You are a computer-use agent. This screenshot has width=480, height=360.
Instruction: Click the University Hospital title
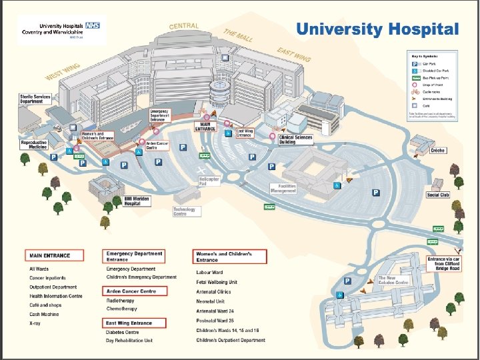coord(377,30)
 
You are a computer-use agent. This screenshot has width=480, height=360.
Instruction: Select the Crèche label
coord(437,151)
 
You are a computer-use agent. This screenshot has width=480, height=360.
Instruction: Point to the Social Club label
coord(437,195)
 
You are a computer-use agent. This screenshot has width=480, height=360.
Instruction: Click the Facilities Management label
coord(283,189)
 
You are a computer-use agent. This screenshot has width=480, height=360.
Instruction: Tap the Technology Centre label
coord(184,211)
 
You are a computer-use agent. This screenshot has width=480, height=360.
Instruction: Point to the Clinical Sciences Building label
coord(295,139)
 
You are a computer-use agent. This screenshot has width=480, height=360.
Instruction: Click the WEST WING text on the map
coord(62,72)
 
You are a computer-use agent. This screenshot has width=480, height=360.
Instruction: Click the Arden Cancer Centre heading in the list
coord(131,291)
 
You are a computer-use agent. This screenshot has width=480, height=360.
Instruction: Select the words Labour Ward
coord(209,272)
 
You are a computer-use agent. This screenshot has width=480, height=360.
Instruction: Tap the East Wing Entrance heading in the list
coord(129,323)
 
